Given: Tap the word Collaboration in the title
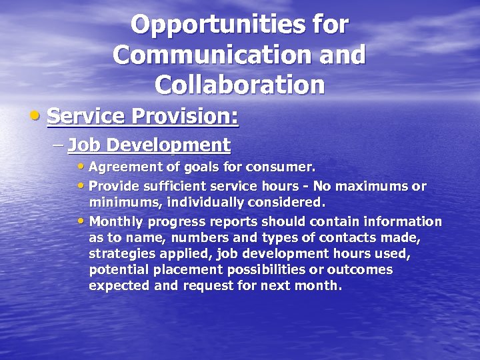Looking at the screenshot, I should point(239,85).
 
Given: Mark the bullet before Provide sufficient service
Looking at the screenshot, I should point(81,186).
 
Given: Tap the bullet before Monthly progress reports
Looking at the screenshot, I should point(81,221).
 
